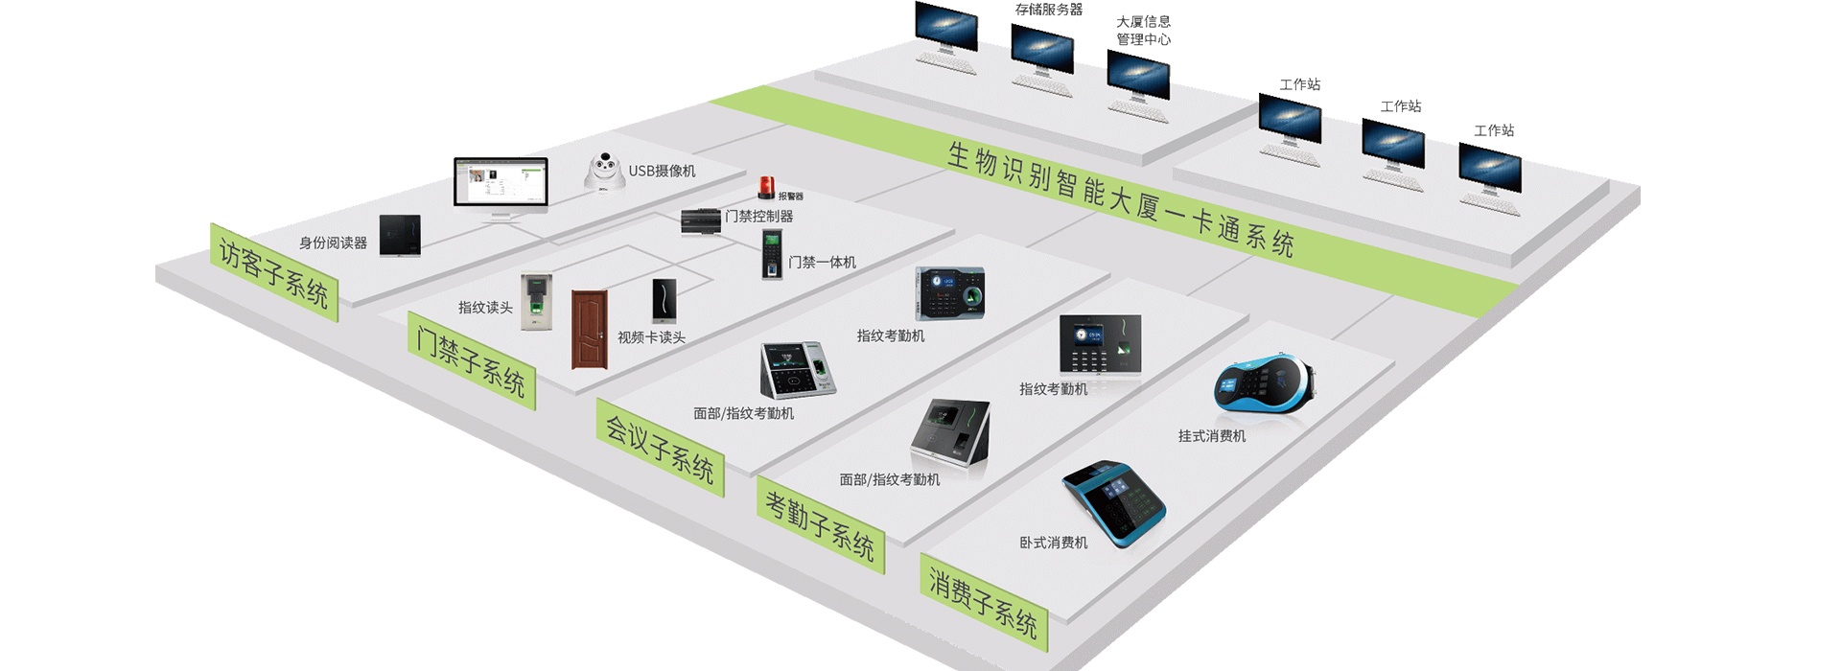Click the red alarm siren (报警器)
pyautogui.click(x=766, y=187)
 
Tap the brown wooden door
pyautogui.click(x=590, y=329)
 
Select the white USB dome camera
pyautogui.click(x=604, y=171)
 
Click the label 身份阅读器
pyautogui.click(x=333, y=243)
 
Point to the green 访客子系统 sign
pyautogui.click(x=274, y=272)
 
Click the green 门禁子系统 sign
pyautogui.click(x=471, y=360)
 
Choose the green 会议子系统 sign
pyautogui.click(x=660, y=448)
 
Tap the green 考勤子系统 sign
pyautogui.click(x=820, y=524)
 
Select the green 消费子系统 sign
pyautogui.click(x=984, y=602)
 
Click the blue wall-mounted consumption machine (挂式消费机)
pyautogui.click(x=1264, y=387)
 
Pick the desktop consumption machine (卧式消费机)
pyautogui.click(x=1114, y=502)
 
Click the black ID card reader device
pyautogui.click(x=400, y=236)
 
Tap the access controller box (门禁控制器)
pyautogui.click(x=700, y=220)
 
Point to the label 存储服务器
pyautogui.click(x=1049, y=10)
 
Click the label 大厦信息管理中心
pyautogui.click(x=1143, y=31)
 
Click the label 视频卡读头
pyautogui.click(x=651, y=337)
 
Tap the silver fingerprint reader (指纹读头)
pyautogui.click(x=537, y=302)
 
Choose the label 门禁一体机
pyautogui.click(x=822, y=263)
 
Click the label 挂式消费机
pyautogui.click(x=1212, y=436)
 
